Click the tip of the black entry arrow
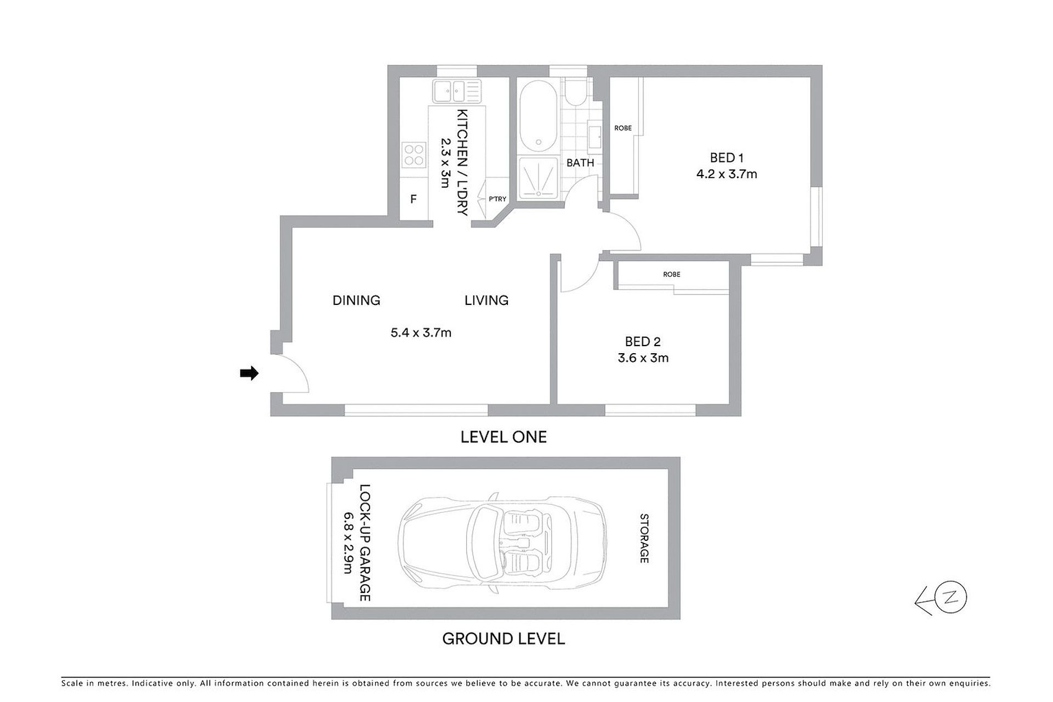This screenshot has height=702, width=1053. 258,373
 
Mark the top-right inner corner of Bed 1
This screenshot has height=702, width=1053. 811,77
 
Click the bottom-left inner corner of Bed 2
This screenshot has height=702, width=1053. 558,404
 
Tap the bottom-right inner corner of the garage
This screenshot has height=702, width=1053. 668,608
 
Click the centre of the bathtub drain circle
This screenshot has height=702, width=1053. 539,143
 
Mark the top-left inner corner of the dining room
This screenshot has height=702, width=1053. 292,228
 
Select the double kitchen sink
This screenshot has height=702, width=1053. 456,91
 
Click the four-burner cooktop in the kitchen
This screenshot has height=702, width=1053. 414,154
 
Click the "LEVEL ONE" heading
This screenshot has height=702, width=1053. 503,437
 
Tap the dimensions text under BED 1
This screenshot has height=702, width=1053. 727,174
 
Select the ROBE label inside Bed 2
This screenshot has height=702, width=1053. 672,274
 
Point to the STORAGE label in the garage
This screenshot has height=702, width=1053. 644,538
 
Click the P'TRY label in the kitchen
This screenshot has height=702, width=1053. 497,199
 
